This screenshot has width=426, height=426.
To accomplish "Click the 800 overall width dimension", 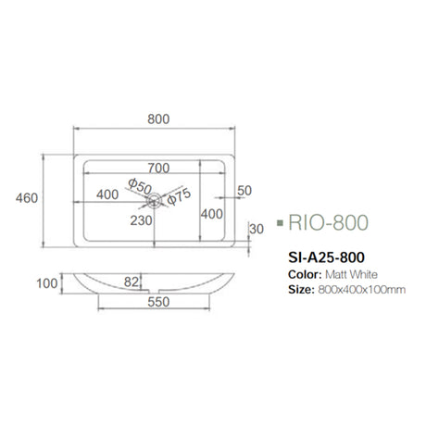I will tap(159, 119).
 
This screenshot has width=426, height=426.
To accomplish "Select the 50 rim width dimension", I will tap(244, 190).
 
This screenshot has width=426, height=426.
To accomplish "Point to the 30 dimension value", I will tap(257, 228).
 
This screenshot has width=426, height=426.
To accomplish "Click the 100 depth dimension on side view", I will tap(45, 282).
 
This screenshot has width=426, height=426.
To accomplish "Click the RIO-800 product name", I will tap(329, 223).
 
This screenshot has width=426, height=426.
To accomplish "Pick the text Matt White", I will tap(351, 274).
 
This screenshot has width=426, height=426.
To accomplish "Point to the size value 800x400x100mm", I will tap(362, 290).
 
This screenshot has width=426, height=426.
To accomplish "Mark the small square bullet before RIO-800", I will tap(279, 223).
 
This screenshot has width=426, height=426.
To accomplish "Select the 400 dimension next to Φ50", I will tap(106, 194).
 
